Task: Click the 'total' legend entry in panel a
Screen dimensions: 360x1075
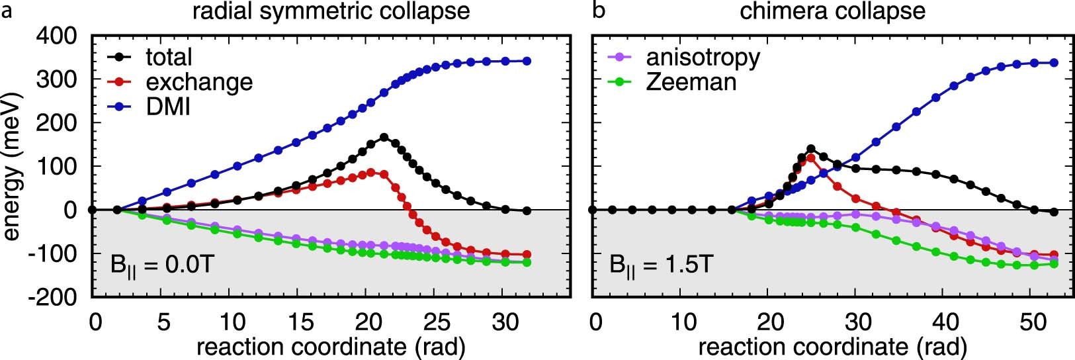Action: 169,57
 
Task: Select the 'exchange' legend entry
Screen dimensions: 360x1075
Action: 199,81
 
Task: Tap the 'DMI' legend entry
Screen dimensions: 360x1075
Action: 168,106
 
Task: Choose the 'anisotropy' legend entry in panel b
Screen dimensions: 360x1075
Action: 703,57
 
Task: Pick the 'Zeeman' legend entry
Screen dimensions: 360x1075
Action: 691,81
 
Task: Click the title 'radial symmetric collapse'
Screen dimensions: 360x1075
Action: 336,11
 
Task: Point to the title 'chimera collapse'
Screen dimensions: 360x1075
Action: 832,11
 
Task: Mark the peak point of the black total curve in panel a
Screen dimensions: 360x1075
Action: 384,137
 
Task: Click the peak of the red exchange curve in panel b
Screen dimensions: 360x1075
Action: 811,157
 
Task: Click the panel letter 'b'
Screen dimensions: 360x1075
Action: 599,11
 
